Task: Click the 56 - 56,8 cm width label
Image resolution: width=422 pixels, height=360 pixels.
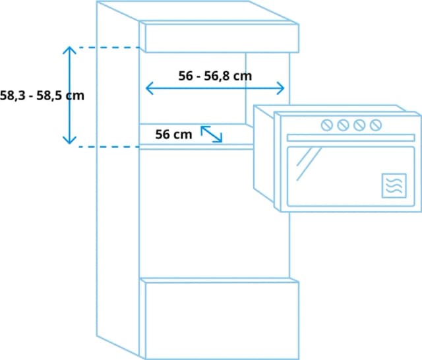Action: pos(215,76)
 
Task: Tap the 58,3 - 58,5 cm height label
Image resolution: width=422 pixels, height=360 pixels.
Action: pos(42,96)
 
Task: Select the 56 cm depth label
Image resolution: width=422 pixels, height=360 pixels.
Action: pos(173,135)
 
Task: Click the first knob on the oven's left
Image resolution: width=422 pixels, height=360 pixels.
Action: pos(327,125)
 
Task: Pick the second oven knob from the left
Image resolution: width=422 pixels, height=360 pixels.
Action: pos(343,125)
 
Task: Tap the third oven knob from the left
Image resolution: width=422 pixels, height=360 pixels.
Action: pos(359,125)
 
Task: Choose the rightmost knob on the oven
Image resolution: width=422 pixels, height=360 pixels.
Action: pos(375,125)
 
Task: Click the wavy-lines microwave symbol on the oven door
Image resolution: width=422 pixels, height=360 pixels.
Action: pos(394,186)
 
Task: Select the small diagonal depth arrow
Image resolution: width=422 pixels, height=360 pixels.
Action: pos(212,134)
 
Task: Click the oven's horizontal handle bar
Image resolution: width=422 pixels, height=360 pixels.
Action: pos(351,138)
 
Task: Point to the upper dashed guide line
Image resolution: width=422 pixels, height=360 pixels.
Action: pos(109,47)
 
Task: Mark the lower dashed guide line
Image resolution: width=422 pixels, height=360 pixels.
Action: pos(109,146)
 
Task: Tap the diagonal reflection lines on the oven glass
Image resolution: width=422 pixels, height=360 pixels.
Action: pos(309,164)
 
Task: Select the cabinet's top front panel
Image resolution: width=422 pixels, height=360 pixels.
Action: pos(222,38)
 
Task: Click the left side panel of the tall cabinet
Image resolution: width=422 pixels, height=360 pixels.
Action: pos(118,177)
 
